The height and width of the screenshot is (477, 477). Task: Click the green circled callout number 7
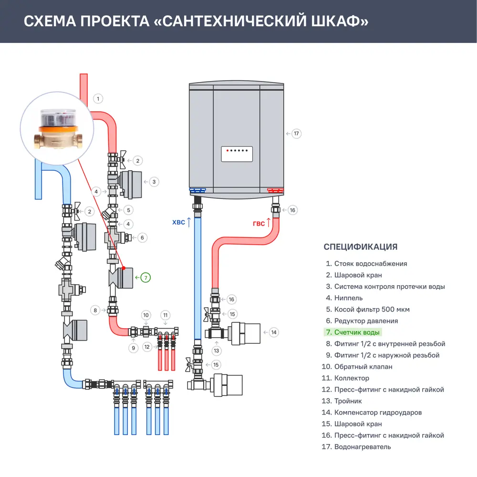tap(145, 277)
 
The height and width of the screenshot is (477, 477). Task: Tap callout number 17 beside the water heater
tap(296, 134)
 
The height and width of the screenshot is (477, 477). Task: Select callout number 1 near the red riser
tap(98, 99)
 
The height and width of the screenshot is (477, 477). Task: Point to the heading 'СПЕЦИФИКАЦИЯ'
tap(360, 247)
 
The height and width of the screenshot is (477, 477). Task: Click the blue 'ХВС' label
tap(179, 222)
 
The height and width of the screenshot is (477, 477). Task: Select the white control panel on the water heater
tap(237, 154)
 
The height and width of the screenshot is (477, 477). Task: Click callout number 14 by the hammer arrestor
tap(273, 332)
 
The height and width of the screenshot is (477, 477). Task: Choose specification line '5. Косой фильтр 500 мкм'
tap(367, 310)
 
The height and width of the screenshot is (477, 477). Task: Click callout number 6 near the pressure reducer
tap(141, 237)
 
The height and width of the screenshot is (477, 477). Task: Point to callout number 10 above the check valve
tap(146, 315)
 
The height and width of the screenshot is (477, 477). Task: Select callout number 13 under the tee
tap(217, 351)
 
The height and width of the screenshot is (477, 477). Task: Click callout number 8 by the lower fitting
tap(95, 310)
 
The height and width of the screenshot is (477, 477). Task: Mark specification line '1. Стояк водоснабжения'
tap(366, 264)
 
